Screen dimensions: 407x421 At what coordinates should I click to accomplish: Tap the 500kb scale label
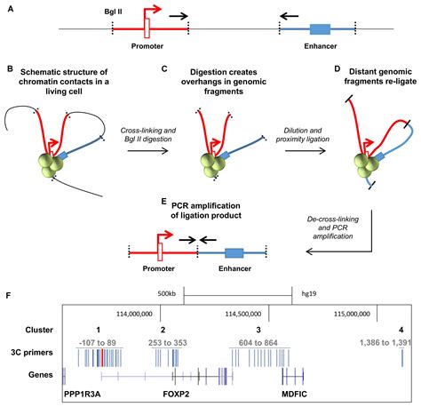(x=164, y=291)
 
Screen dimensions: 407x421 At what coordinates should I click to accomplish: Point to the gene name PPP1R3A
(x=87, y=392)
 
